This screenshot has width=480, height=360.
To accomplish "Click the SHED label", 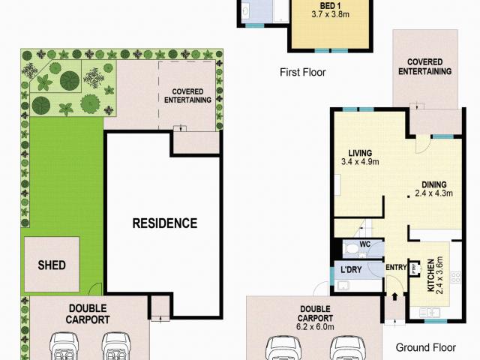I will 52,265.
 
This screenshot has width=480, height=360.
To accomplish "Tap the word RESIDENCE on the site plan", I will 164,223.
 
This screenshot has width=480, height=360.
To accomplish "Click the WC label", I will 365,244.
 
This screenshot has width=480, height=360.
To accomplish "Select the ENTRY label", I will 396,268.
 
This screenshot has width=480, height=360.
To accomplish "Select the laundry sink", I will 343,286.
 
